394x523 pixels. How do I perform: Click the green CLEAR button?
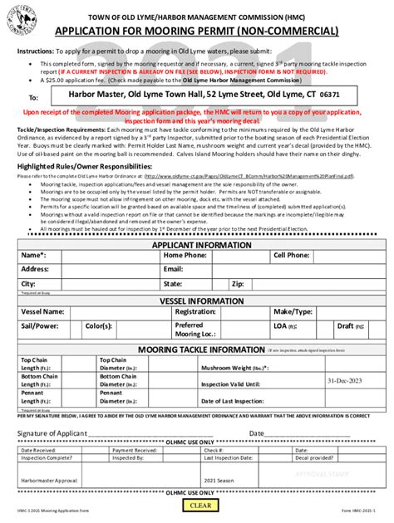pyautogui.click(x=200, y=506)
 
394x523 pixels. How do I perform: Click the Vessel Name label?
pyautogui.click(x=42, y=311)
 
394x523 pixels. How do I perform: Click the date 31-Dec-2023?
pyautogui.click(x=344, y=380)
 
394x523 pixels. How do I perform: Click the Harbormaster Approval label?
pyautogui.click(x=49, y=479)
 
